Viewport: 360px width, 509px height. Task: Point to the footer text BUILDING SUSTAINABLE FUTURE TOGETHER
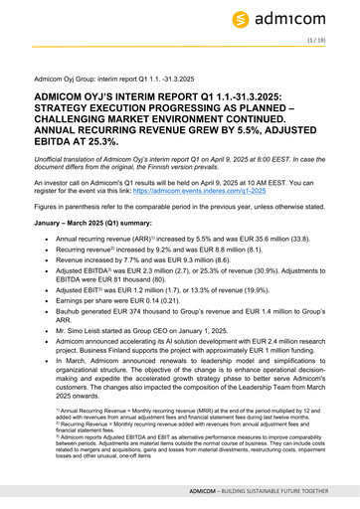click(277, 491)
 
